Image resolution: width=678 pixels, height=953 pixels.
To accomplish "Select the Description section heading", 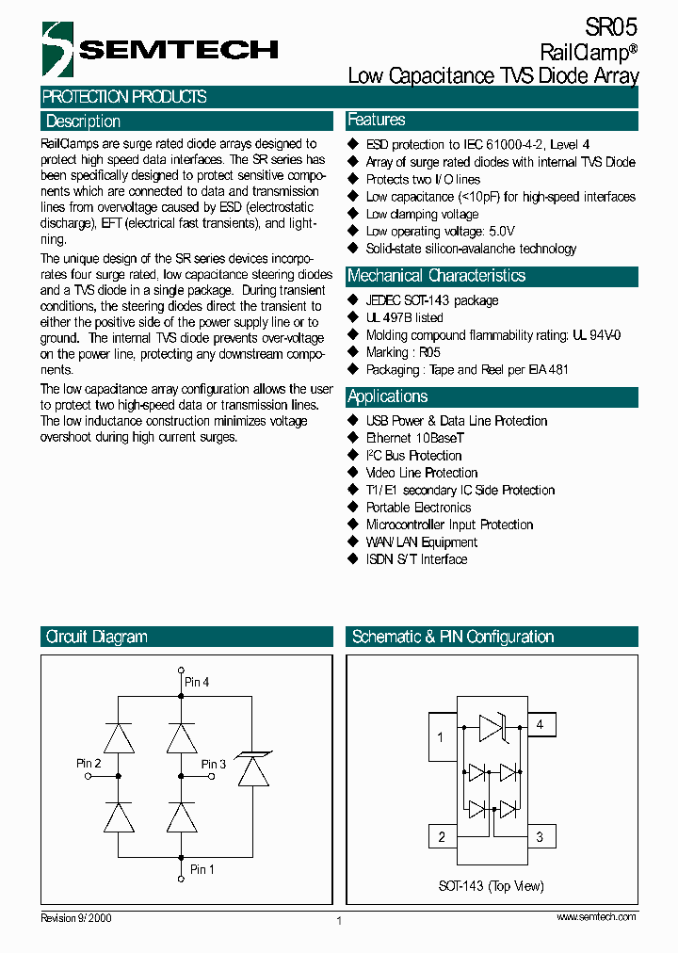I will click(x=83, y=121).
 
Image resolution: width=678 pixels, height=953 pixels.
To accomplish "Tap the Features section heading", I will click(x=377, y=120).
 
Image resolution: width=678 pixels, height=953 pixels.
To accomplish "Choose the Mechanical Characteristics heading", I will click(x=436, y=276).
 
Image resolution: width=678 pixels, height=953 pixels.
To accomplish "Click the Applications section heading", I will click(x=387, y=396).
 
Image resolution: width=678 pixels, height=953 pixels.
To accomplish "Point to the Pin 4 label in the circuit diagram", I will click(x=197, y=681).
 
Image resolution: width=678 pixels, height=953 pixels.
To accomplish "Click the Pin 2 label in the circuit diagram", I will click(x=89, y=763).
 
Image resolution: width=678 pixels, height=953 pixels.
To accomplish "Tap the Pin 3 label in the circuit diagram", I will click(x=214, y=764).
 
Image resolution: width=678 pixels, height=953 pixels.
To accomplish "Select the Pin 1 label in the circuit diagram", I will click(x=202, y=869).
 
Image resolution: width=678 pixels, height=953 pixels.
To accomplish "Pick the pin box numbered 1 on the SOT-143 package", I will click(x=442, y=736).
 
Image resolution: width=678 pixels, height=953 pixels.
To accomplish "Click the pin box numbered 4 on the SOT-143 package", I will click(x=540, y=724).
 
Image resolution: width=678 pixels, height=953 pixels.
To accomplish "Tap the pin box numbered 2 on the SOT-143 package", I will click(x=442, y=836).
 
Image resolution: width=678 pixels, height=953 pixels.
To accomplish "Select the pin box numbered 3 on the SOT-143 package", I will click(x=540, y=836).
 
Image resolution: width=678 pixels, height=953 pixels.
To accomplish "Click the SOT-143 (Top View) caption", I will click(x=491, y=886).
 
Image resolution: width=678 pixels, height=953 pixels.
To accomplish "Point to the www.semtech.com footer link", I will click(x=596, y=916).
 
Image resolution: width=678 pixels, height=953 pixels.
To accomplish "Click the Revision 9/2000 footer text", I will click(x=76, y=916).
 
